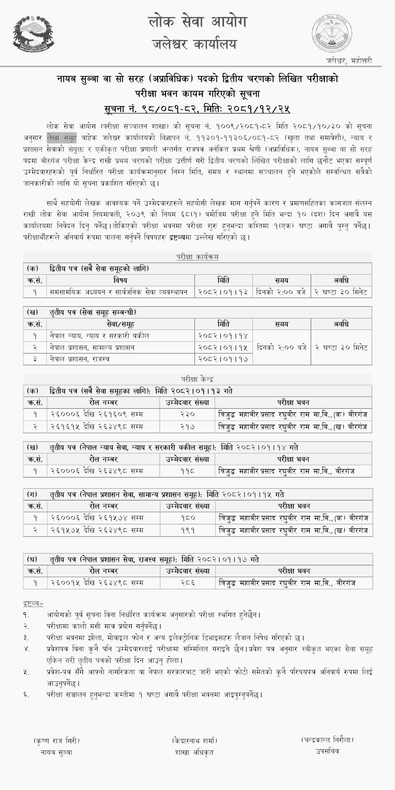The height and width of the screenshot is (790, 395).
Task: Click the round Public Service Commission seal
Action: (332, 33)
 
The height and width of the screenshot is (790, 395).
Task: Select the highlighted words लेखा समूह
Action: (61, 138)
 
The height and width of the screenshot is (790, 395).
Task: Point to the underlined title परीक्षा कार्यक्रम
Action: (197, 257)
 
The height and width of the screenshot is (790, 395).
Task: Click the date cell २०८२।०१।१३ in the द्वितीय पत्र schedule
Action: (223, 292)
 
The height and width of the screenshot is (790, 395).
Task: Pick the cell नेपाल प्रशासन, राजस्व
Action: (80, 359)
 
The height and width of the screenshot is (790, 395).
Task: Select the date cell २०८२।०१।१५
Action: (223, 347)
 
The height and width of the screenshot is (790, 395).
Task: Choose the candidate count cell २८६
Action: (188, 583)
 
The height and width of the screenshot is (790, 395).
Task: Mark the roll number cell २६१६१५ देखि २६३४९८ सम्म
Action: (97, 427)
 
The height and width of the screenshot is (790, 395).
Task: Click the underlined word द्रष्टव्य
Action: (33, 604)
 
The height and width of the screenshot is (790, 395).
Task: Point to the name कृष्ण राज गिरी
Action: (56, 740)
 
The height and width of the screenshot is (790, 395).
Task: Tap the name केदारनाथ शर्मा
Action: (194, 740)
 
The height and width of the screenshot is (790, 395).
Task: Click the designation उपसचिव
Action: (327, 751)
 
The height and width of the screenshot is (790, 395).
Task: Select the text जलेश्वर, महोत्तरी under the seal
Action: (349, 61)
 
